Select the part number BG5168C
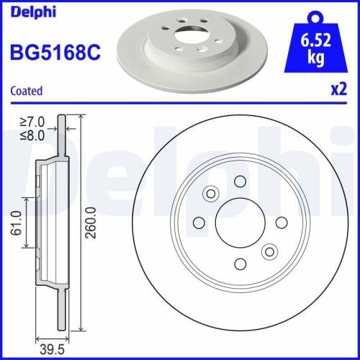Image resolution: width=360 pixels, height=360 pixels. [x=53, y=52]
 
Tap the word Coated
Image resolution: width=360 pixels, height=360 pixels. [x=26, y=91]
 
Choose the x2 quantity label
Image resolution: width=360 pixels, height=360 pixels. [x=338, y=91]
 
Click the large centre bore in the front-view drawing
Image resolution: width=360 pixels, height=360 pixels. [x=240, y=222]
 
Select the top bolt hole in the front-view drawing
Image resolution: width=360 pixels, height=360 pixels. [x=240, y=181]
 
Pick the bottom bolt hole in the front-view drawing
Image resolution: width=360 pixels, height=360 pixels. [x=240, y=263]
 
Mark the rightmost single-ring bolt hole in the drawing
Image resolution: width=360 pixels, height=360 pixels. [x=282, y=222]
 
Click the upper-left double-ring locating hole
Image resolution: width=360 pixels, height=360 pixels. [x=212, y=193]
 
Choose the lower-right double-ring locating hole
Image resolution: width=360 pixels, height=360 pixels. [x=270, y=251]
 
